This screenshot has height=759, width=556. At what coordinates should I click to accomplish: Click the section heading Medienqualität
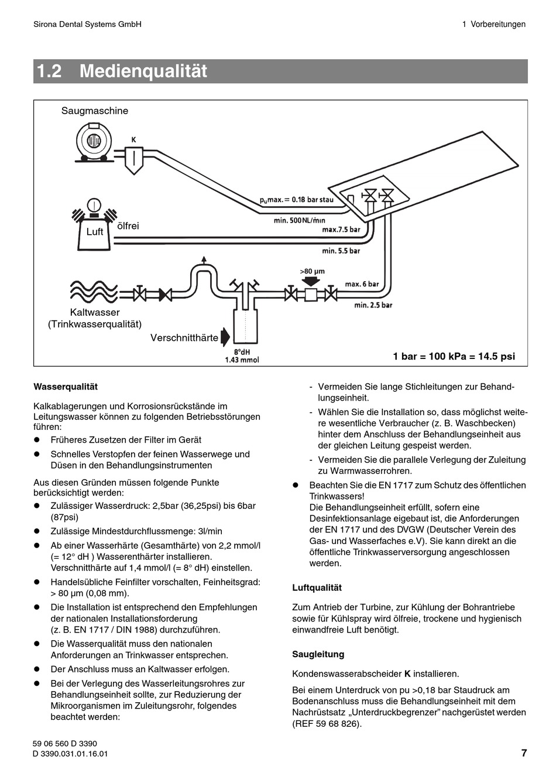click(x=143, y=71)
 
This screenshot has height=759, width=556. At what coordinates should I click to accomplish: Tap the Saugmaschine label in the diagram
click(x=95, y=111)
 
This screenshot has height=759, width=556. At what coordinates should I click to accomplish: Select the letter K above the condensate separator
click(x=133, y=140)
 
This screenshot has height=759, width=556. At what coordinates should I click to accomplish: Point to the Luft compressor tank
click(x=94, y=232)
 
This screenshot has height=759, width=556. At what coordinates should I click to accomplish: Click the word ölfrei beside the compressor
click(x=129, y=225)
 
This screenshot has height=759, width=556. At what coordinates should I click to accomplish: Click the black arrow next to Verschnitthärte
click(x=226, y=337)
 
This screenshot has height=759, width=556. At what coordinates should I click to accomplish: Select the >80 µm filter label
click(x=312, y=272)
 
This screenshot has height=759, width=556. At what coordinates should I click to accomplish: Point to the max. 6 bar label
click(x=362, y=284)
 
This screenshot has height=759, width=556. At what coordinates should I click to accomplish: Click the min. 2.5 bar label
click(x=373, y=305)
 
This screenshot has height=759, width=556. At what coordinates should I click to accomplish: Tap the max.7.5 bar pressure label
click(x=341, y=230)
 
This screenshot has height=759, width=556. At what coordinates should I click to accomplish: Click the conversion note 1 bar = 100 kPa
click(x=454, y=356)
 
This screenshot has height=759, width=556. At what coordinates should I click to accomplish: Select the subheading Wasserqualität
click(x=66, y=387)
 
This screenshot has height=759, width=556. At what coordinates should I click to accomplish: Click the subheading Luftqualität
click(x=317, y=587)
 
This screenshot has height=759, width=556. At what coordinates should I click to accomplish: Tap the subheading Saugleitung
click(x=318, y=654)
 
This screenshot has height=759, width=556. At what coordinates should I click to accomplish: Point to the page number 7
click(x=524, y=753)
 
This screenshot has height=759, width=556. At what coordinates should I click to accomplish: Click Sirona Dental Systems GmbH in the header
click(x=88, y=24)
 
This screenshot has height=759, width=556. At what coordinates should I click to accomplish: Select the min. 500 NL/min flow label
click(x=299, y=220)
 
